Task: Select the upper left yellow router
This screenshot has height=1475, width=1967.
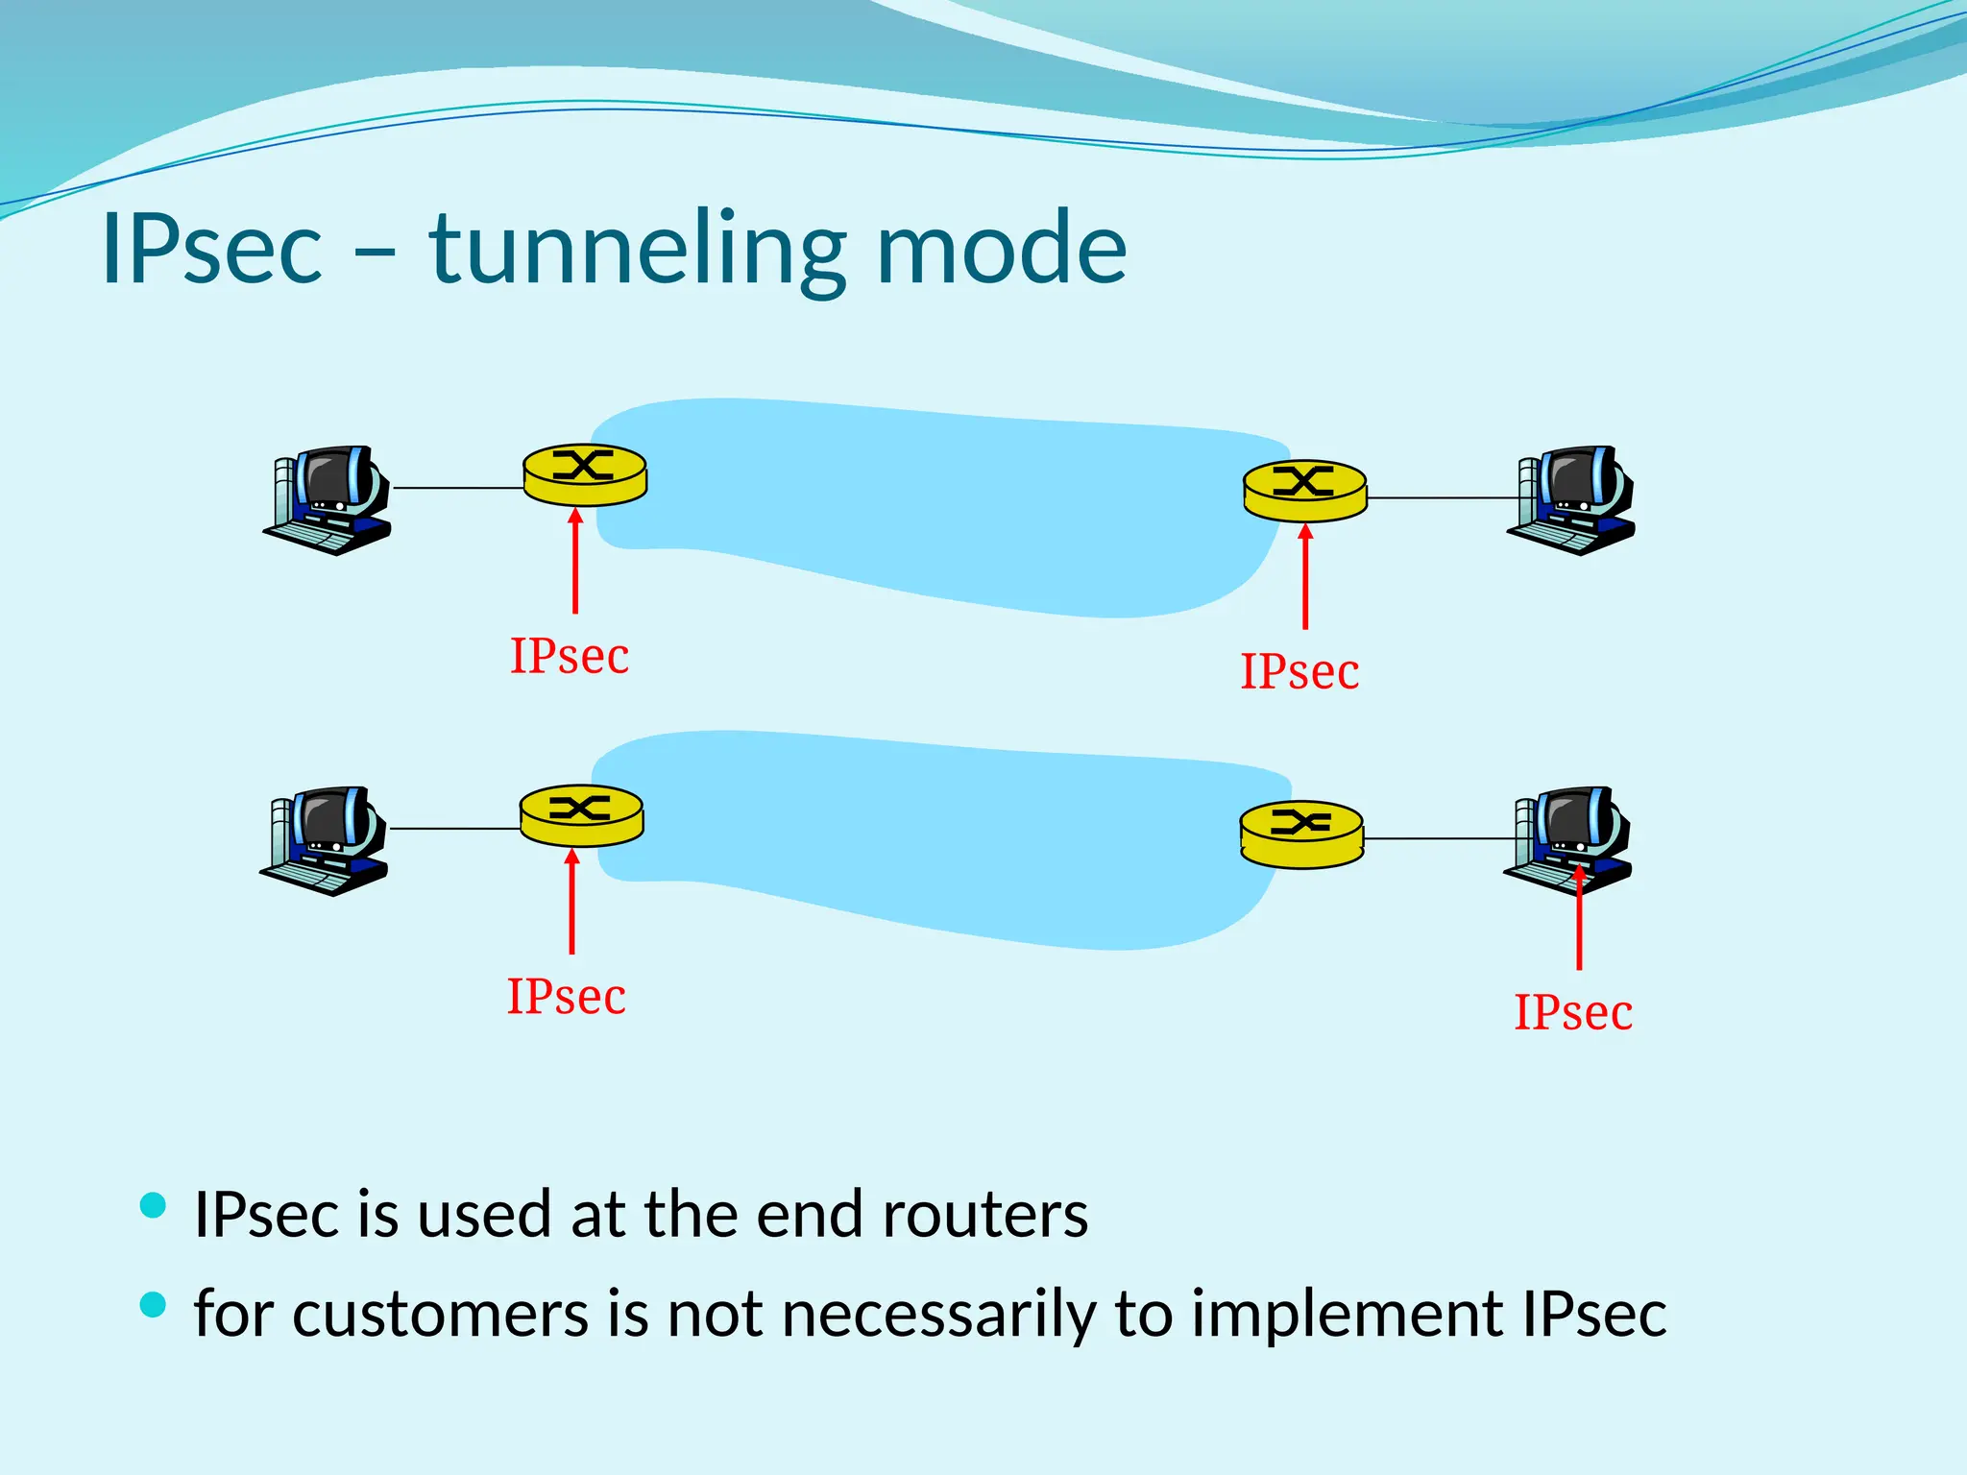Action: pyautogui.click(x=585, y=474)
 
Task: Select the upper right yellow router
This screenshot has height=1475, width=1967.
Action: pyautogui.click(x=1304, y=491)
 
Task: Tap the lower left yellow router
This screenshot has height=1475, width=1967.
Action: pyautogui.click(x=581, y=815)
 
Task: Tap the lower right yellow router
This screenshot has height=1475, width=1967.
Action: pyautogui.click(x=1301, y=834)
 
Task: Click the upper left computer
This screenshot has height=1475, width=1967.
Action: pyautogui.click(x=329, y=499)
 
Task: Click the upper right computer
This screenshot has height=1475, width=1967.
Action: pyautogui.click(x=1572, y=500)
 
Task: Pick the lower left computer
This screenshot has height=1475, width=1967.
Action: pyautogui.click(x=326, y=840)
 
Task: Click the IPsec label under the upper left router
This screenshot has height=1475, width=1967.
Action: pyautogui.click(x=569, y=657)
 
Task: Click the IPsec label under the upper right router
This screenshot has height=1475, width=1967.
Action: pyautogui.click(x=1299, y=671)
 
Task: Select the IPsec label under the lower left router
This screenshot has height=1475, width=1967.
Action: pyautogui.click(x=566, y=997)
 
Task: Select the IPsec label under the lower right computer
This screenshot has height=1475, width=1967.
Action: pyautogui.click(x=1573, y=1012)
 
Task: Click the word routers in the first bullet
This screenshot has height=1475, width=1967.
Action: pyautogui.click(x=984, y=1215)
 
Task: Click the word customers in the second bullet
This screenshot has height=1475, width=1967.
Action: pyautogui.click(x=440, y=1314)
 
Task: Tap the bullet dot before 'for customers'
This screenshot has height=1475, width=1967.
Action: pyautogui.click(x=153, y=1304)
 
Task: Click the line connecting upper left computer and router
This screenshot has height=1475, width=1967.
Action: pyautogui.click(x=458, y=488)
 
